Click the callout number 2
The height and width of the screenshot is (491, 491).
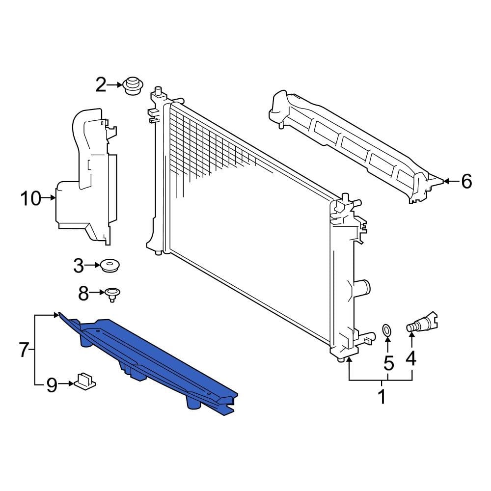coord(101,85)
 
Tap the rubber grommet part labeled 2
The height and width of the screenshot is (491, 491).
coord(132,86)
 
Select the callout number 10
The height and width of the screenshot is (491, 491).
coord(30,199)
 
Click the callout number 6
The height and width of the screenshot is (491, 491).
coord(466,182)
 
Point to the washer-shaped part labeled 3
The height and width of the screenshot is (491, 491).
coord(110,266)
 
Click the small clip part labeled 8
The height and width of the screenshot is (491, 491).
coord(112,294)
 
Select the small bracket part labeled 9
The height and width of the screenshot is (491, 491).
coord(85,380)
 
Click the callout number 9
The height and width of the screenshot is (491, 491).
coord(52,385)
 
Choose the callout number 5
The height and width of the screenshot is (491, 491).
coord(388,363)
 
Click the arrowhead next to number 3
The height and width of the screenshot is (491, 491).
coord(97,266)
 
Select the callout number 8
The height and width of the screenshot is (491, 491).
coord(83,294)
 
